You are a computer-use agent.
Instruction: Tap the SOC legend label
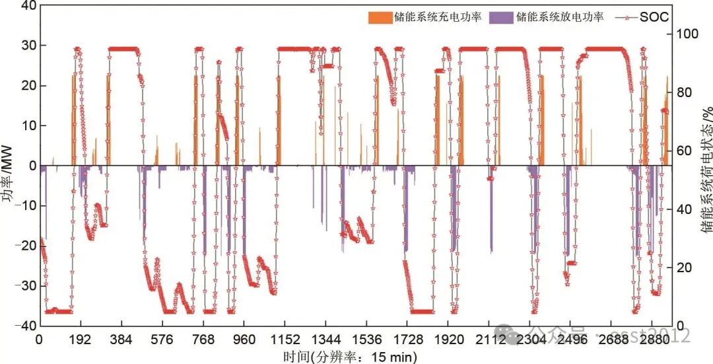[654, 17]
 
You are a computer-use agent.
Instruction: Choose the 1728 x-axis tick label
[408, 340]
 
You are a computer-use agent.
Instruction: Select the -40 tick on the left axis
[24, 326]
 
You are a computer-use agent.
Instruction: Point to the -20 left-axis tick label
[24, 246]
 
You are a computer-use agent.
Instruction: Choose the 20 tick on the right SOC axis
[682, 268]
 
